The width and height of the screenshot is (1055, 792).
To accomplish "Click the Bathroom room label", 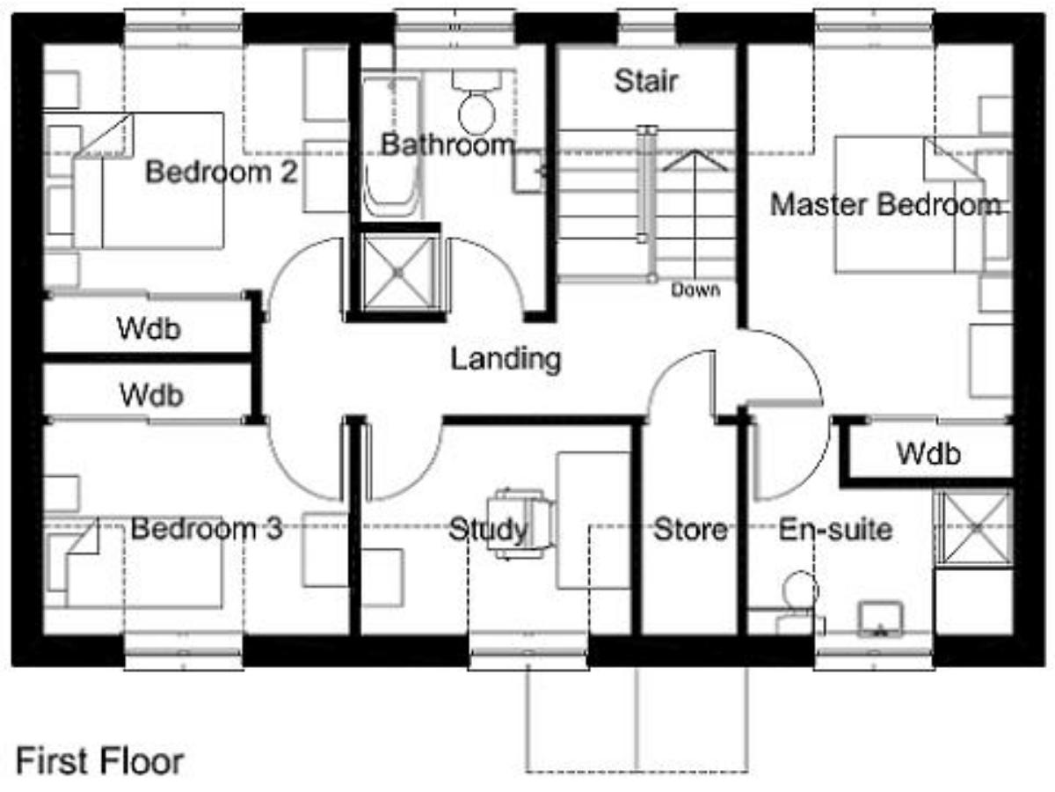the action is [x=447, y=143].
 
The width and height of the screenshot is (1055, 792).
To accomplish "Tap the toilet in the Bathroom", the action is [x=477, y=102].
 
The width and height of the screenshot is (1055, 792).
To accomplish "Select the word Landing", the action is [x=506, y=359].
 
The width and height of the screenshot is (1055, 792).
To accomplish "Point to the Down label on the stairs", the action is [x=695, y=290].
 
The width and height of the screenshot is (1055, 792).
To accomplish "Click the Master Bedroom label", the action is [x=886, y=204].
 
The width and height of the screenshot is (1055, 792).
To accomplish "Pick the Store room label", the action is [x=690, y=530].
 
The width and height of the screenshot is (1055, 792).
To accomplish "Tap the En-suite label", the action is [x=835, y=530].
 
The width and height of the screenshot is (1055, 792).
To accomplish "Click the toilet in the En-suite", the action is [x=799, y=604].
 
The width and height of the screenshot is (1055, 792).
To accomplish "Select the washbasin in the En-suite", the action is [x=881, y=619].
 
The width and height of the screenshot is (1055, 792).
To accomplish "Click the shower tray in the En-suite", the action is [x=975, y=528].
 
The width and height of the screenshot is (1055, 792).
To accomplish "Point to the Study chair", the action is [x=521, y=524].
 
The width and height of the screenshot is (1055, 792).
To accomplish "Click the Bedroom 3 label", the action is [x=207, y=529].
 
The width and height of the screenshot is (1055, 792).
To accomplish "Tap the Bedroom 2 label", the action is [x=222, y=172].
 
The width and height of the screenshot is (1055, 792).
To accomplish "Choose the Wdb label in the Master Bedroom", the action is [x=928, y=453].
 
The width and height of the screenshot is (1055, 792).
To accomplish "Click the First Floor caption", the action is [x=100, y=761].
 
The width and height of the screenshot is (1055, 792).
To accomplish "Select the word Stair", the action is [x=646, y=81].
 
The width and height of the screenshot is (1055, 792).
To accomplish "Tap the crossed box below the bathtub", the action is [x=398, y=273].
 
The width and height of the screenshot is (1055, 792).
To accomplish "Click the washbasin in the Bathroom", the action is [x=529, y=172].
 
